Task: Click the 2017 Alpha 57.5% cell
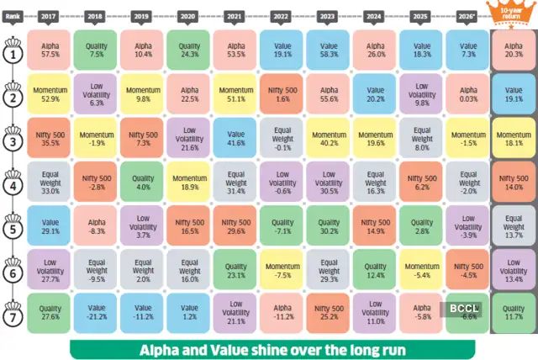49,50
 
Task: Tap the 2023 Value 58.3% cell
329,50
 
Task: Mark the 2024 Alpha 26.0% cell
376,50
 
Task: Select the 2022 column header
282,14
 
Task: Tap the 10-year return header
514,12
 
